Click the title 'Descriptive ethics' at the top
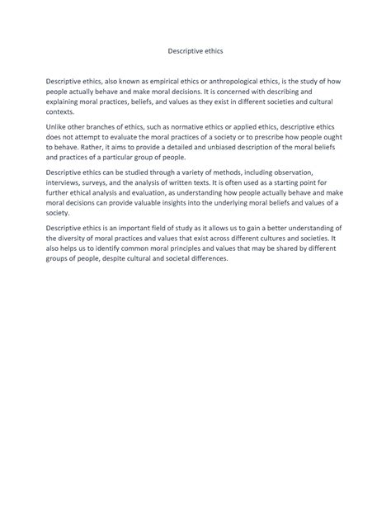pyautogui.click(x=195, y=50)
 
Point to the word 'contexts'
pyautogui.click(x=61, y=110)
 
